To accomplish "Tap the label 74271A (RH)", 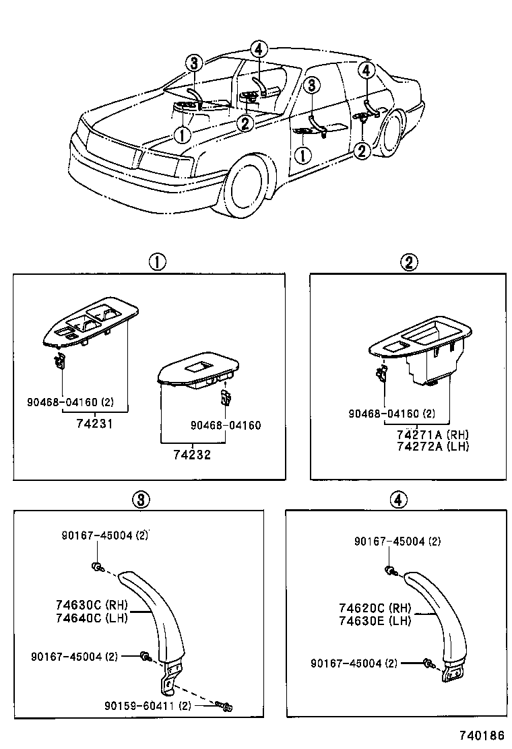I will [423, 434].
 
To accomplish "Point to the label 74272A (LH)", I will [423, 446].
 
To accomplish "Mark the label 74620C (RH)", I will [375, 608].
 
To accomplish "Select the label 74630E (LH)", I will [375, 620].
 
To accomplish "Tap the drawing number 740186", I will [482, 737].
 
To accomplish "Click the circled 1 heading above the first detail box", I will [157, 262].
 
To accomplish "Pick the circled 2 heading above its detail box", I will [409, 263].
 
